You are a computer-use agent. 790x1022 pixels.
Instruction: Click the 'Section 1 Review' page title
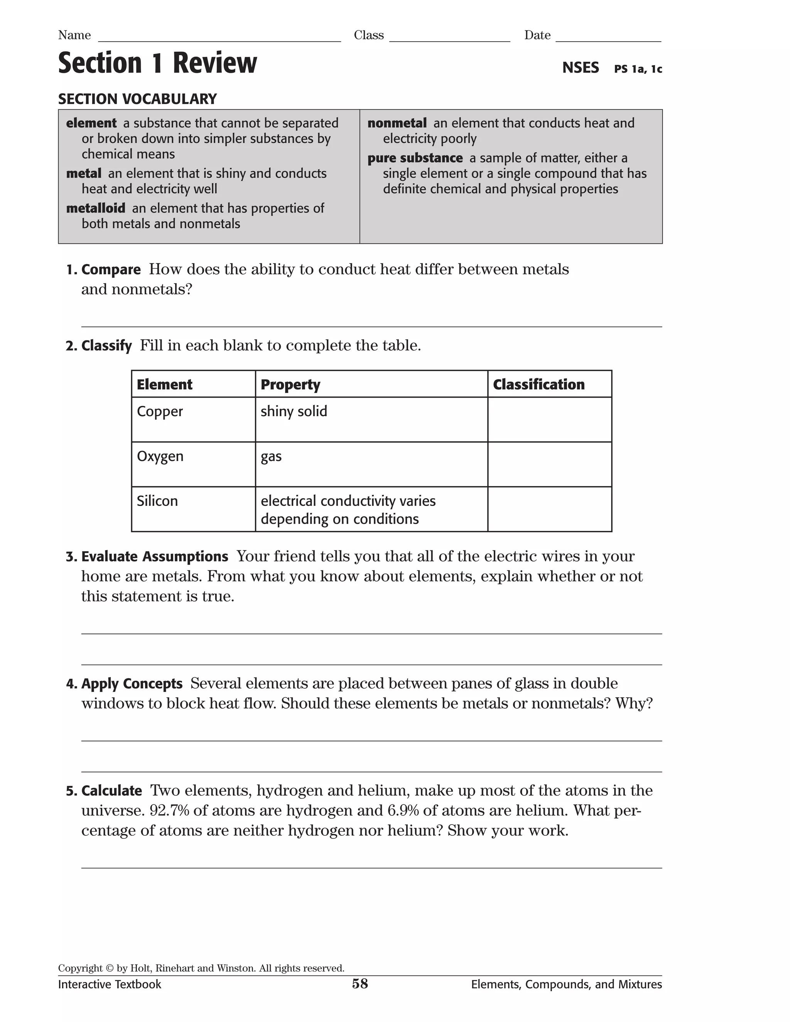157,63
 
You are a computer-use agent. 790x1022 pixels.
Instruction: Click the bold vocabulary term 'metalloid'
96,208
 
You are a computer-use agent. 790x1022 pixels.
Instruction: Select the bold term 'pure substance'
415,158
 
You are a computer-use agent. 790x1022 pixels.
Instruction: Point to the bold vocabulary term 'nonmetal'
397,123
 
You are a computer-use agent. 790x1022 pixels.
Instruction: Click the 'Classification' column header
538,384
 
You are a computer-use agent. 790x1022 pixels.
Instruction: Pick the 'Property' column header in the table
290,384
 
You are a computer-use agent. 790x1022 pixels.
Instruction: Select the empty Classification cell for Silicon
549,509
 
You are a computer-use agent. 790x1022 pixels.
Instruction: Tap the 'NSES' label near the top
580,68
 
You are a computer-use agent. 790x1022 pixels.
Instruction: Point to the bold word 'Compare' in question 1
111,270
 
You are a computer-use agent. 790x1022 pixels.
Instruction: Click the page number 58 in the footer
360,984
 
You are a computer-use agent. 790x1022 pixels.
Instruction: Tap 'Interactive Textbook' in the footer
110,985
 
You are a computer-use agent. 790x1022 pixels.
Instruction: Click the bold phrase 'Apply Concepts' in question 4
132,684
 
